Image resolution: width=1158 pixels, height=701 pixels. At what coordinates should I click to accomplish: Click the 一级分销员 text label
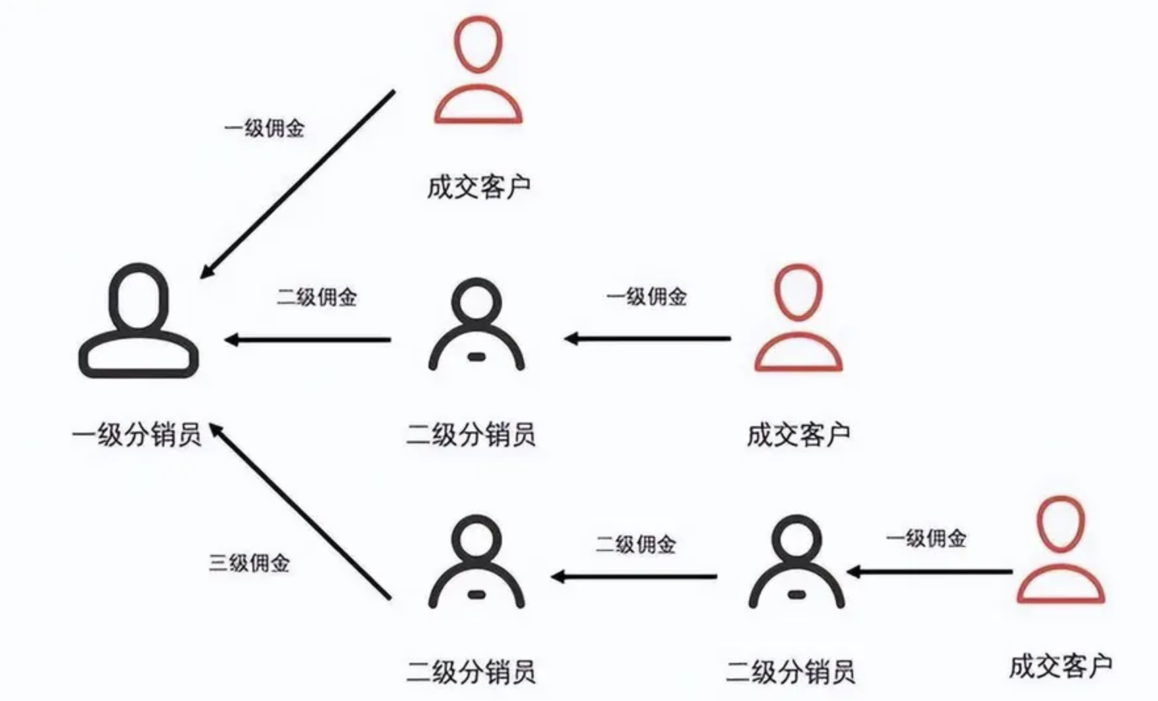click(137, 435)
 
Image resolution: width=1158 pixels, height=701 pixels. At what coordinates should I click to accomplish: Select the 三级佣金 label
click(249, 563)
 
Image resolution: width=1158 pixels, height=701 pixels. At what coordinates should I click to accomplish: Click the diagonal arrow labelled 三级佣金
click(300, 511)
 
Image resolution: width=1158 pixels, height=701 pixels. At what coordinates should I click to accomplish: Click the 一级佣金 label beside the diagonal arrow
click(264, 128)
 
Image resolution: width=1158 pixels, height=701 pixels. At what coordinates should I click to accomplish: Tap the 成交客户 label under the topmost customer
click(478, 187)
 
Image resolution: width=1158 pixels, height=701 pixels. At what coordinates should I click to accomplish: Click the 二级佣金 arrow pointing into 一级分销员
click(308, 340)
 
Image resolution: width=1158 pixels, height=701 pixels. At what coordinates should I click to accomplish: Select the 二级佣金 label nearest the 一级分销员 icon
click(316, 297)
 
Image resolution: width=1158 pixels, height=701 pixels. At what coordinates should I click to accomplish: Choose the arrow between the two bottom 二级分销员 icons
click(634, 577)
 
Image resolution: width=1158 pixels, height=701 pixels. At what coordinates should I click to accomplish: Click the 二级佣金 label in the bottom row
click(636, 544)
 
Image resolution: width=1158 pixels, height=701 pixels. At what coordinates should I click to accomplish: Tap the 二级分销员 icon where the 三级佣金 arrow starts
click(476, 563)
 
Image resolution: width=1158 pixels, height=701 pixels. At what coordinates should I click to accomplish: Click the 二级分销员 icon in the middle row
click(476, 325)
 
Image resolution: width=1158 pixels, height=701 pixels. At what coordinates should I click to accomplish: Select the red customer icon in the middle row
click(798, 318)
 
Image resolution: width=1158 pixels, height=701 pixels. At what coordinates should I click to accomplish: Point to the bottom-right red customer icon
click(1060, 550)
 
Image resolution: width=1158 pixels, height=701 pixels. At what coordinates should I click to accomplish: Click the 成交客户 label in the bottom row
click(1060, 666)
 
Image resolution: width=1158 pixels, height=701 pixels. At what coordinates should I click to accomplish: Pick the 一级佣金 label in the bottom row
click(926, 539)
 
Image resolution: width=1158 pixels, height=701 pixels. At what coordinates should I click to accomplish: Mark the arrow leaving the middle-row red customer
click(647, 339)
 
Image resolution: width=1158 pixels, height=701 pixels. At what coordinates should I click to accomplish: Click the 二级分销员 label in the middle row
click(471, 435)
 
